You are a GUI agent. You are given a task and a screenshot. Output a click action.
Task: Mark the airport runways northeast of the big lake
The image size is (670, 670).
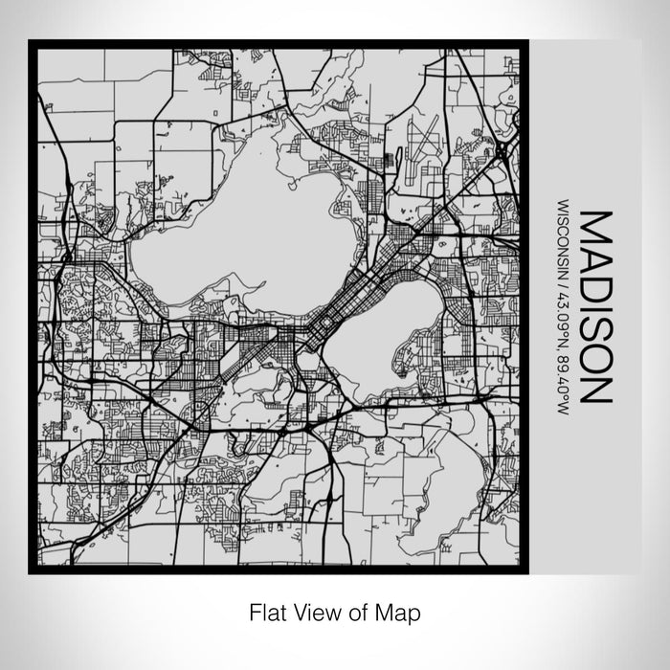pos(421,144)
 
